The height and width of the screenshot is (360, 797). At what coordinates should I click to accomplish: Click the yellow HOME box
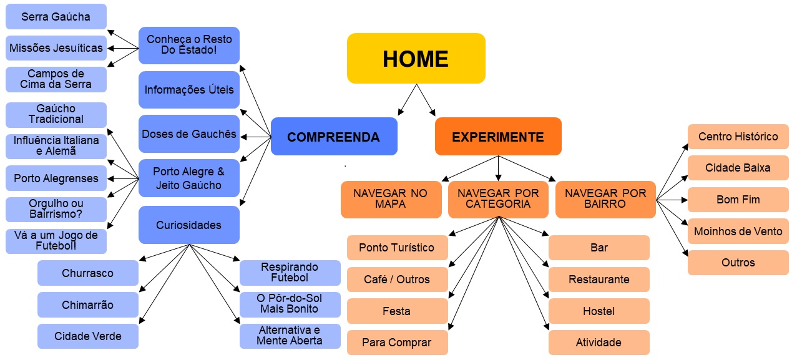416,58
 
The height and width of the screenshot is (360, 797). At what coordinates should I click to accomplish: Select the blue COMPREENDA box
334,137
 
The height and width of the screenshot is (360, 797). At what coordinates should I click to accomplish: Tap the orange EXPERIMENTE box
497,137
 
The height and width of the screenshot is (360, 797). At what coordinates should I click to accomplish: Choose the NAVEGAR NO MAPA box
391,199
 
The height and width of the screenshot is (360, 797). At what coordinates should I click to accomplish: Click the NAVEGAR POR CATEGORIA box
497,199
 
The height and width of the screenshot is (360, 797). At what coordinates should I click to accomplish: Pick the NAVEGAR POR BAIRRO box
605,199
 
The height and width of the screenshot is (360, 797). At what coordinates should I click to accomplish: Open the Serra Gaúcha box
56,17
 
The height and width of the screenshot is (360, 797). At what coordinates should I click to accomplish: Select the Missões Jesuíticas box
56,48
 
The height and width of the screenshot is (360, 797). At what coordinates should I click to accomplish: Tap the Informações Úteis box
189,90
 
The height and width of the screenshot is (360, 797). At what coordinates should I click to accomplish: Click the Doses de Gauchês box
189,134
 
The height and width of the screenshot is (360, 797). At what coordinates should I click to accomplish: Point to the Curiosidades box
189,225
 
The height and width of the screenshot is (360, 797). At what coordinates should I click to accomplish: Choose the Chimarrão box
87,305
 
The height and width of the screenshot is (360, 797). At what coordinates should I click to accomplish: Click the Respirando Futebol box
290,273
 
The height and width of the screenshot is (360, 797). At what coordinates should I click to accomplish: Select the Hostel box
599,311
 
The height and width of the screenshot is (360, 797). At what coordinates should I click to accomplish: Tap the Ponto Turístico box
397,248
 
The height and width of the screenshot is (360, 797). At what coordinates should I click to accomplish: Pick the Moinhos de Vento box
738,231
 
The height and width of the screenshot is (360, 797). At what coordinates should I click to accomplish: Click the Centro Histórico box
738,137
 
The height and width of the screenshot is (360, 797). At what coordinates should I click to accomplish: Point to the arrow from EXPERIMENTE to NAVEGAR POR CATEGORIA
498,168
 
